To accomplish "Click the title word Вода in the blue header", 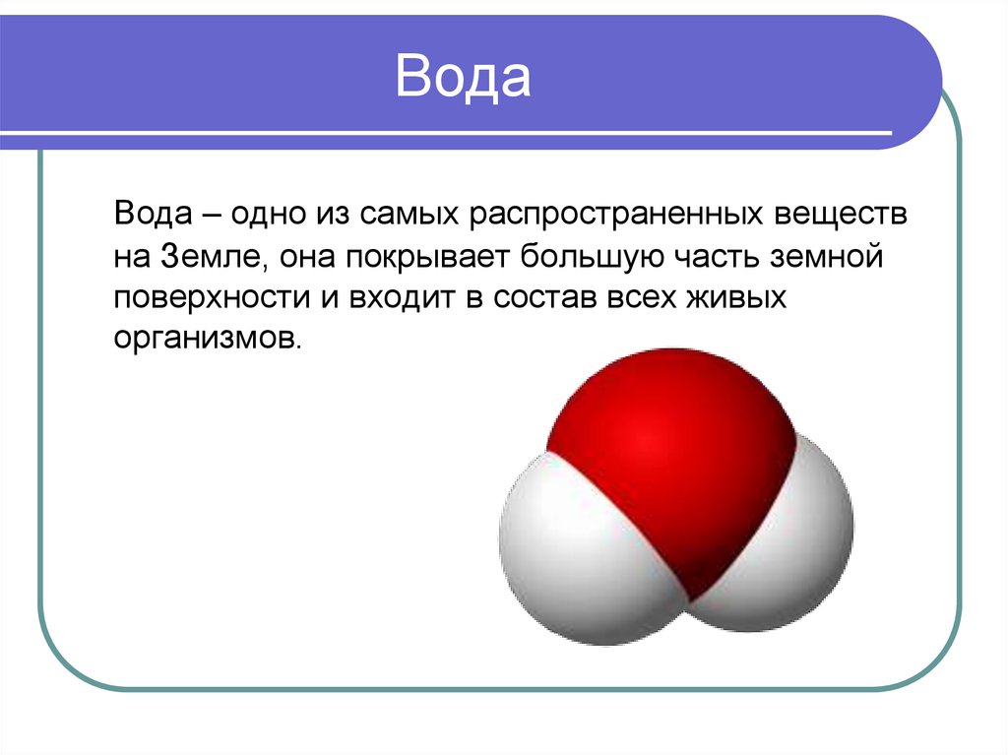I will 463,78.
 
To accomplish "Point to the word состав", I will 540,298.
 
